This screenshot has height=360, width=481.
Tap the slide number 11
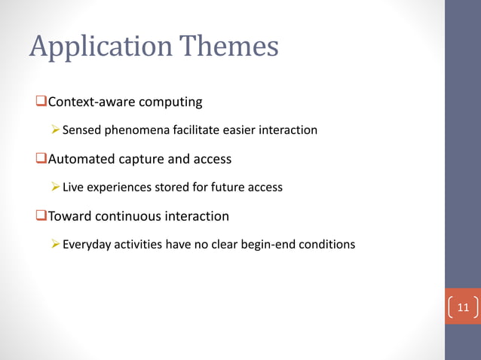pyautogui.click(x=463, y=307)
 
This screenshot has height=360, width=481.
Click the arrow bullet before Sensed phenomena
pyautogui.click(x=55, y=130)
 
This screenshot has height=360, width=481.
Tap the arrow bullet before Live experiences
pyautogui.click(x=55, y=187)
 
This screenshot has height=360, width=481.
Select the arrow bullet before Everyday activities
pyautogui.click(x=55, y=244)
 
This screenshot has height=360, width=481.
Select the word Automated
pyautogui.click(x=80, y=159)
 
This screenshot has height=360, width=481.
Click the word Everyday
pyautogui.click(x=87, y=244)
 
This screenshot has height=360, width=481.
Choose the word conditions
pyautogui.click(x=328, y=244)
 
